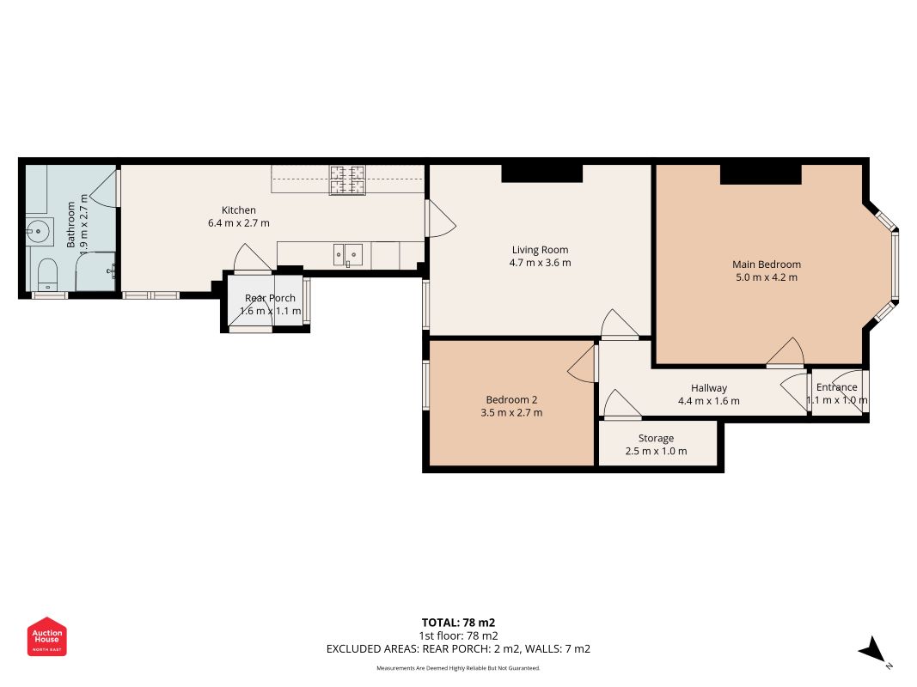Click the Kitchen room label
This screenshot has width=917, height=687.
coord(239,210)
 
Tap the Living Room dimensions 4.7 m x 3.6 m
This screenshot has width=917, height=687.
coord(540,263)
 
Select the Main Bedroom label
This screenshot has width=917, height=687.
coord(766,264)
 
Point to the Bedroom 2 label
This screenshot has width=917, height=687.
coord(511,400)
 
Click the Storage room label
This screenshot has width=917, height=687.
coord(656,439)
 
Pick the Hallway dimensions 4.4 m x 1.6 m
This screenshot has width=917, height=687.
coord(709,401)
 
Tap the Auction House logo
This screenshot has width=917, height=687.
coord(46,636)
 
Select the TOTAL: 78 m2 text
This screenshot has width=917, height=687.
coord(458,623)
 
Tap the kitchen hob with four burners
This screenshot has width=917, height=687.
coord(347,180)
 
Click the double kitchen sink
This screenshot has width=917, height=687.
coord(348,255)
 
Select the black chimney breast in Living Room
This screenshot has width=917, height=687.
coord(542,173)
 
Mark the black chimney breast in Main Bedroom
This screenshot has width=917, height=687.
coord(761,174)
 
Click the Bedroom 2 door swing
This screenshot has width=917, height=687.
coord(582,364)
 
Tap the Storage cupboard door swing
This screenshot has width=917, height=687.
coord(621,404)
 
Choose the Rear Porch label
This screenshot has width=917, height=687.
coord(270,298)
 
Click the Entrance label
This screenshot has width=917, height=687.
coord(836,387)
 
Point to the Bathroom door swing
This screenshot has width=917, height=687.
coord(105,188)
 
